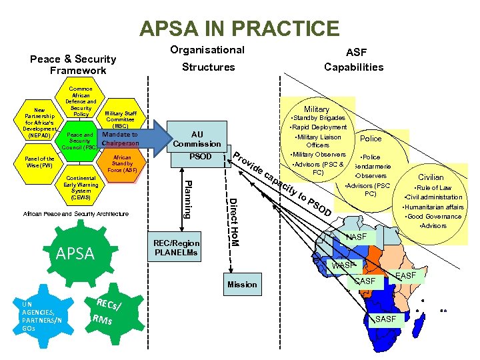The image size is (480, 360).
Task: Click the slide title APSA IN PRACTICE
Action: click(x=239, y=29)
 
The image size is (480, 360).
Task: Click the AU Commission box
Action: click(x=197, y=138)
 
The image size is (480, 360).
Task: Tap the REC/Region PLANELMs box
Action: click(x=177, y=248)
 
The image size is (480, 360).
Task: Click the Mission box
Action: click(x=241, y=285)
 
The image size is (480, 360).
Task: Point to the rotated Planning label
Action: click(x=189, y=199)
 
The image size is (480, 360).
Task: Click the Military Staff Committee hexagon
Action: click(x=121, y=119)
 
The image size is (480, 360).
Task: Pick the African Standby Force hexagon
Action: click(x=122, y=164)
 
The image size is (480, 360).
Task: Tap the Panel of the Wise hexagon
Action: click(x=39, y=162)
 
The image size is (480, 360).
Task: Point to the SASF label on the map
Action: click(x=386, y=319)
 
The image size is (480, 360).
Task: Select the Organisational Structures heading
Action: click(x=207, y=59)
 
